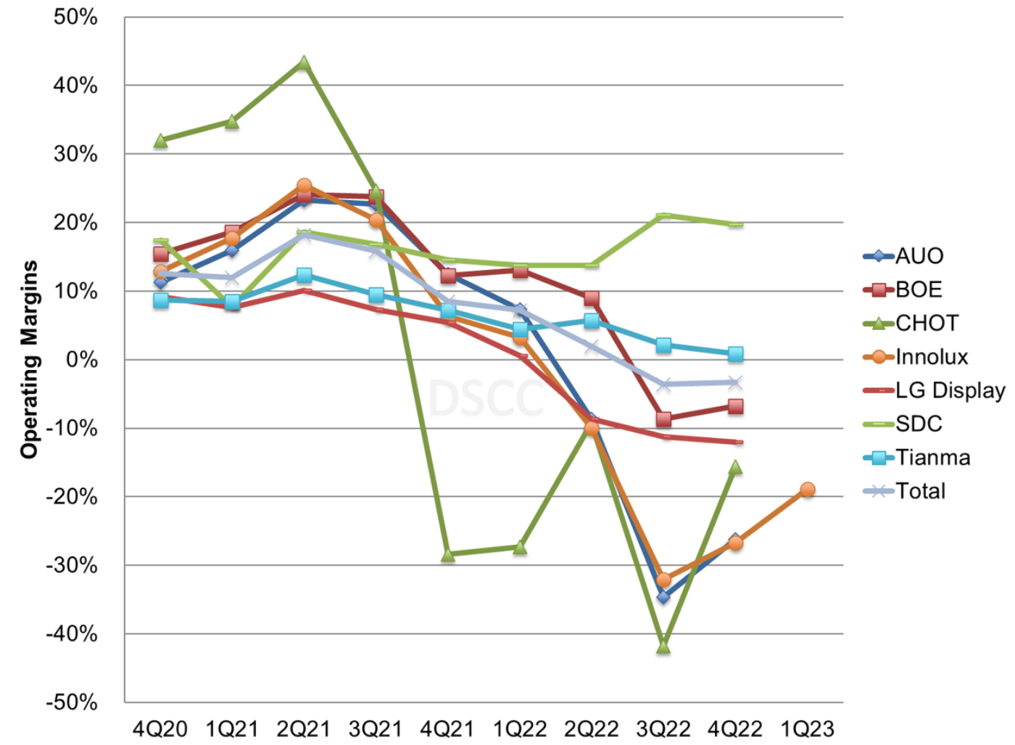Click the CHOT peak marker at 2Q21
click(x=304, y=64)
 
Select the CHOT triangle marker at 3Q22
click(x=663, y=646)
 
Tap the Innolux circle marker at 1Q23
click(x=807, y=490)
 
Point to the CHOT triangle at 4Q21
click(x=448, y=555)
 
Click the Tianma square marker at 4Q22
click(x=735, y=354)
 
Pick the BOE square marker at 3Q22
click(x=663, y=419)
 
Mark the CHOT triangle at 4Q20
click(x=161, y=141)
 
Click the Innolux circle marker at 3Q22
click(x=663, y=580)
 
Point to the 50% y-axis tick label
click(x=75, y=17)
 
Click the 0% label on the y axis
click(x=81, y=360)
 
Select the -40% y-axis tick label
click(x=72, y=634)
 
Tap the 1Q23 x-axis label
click(x=807, y=728)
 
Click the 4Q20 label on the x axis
click(x=160, y=728)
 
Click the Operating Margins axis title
click(x=29, y=359)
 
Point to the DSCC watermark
click(x=486, y=398)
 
